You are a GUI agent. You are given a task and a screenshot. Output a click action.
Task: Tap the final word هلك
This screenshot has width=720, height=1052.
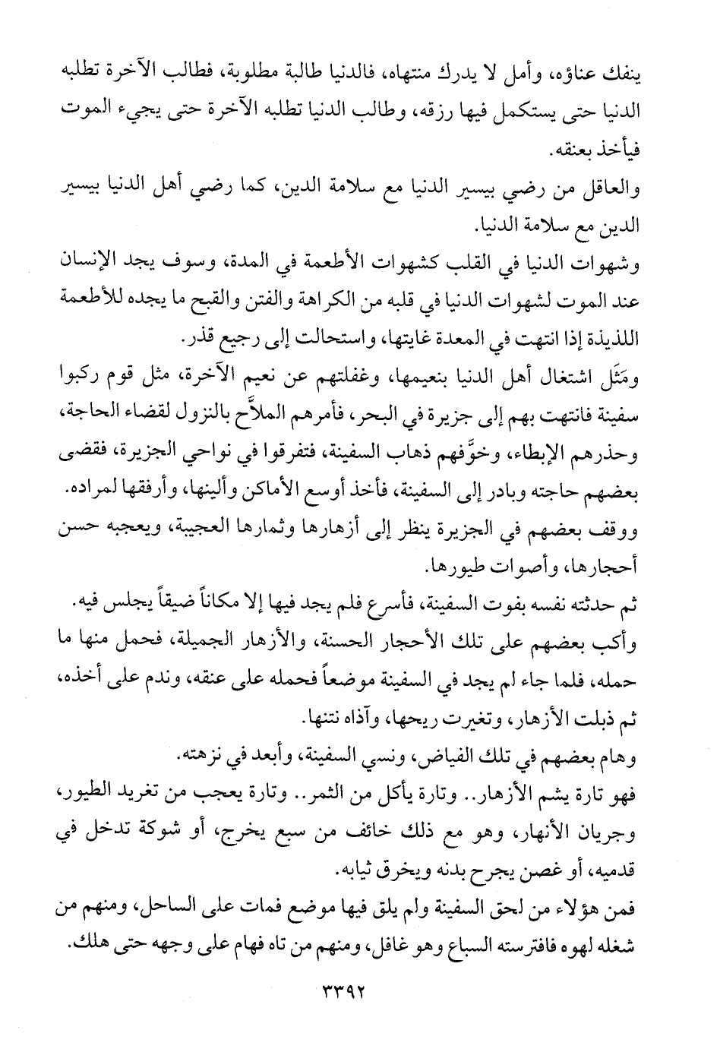pos(84,945)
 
